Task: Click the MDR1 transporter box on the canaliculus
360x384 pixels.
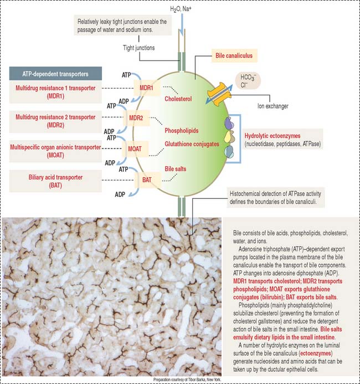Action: (147, 88)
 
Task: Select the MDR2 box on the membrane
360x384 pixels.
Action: (136, 118)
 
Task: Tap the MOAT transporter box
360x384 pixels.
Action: (135, 149)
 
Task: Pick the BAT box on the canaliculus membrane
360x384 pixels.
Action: (147, 180)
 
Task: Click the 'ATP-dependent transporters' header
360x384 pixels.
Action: (55, 74)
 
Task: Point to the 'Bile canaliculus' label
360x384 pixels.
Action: (234, 55)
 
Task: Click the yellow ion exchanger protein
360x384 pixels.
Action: (219, 94)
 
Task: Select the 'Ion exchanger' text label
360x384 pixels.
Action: (272, 106)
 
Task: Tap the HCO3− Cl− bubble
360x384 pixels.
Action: (248, 81)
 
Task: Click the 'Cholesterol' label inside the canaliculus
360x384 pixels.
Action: (178, 99)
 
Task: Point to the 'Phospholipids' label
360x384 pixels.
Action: (182, 131)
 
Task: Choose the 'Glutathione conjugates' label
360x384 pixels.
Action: (192, 144)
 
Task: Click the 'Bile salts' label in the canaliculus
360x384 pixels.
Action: (176, 169)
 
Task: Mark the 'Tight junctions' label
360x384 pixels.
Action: (139, 48)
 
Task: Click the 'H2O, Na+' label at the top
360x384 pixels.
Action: (181, 9)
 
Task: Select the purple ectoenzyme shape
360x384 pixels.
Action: (229, 123)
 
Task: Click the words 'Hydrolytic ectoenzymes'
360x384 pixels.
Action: (272, 136)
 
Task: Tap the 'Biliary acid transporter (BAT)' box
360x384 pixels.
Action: (55, 181)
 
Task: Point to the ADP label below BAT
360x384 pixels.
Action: (120, 194)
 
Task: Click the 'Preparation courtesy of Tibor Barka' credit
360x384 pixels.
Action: (187, 380)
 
